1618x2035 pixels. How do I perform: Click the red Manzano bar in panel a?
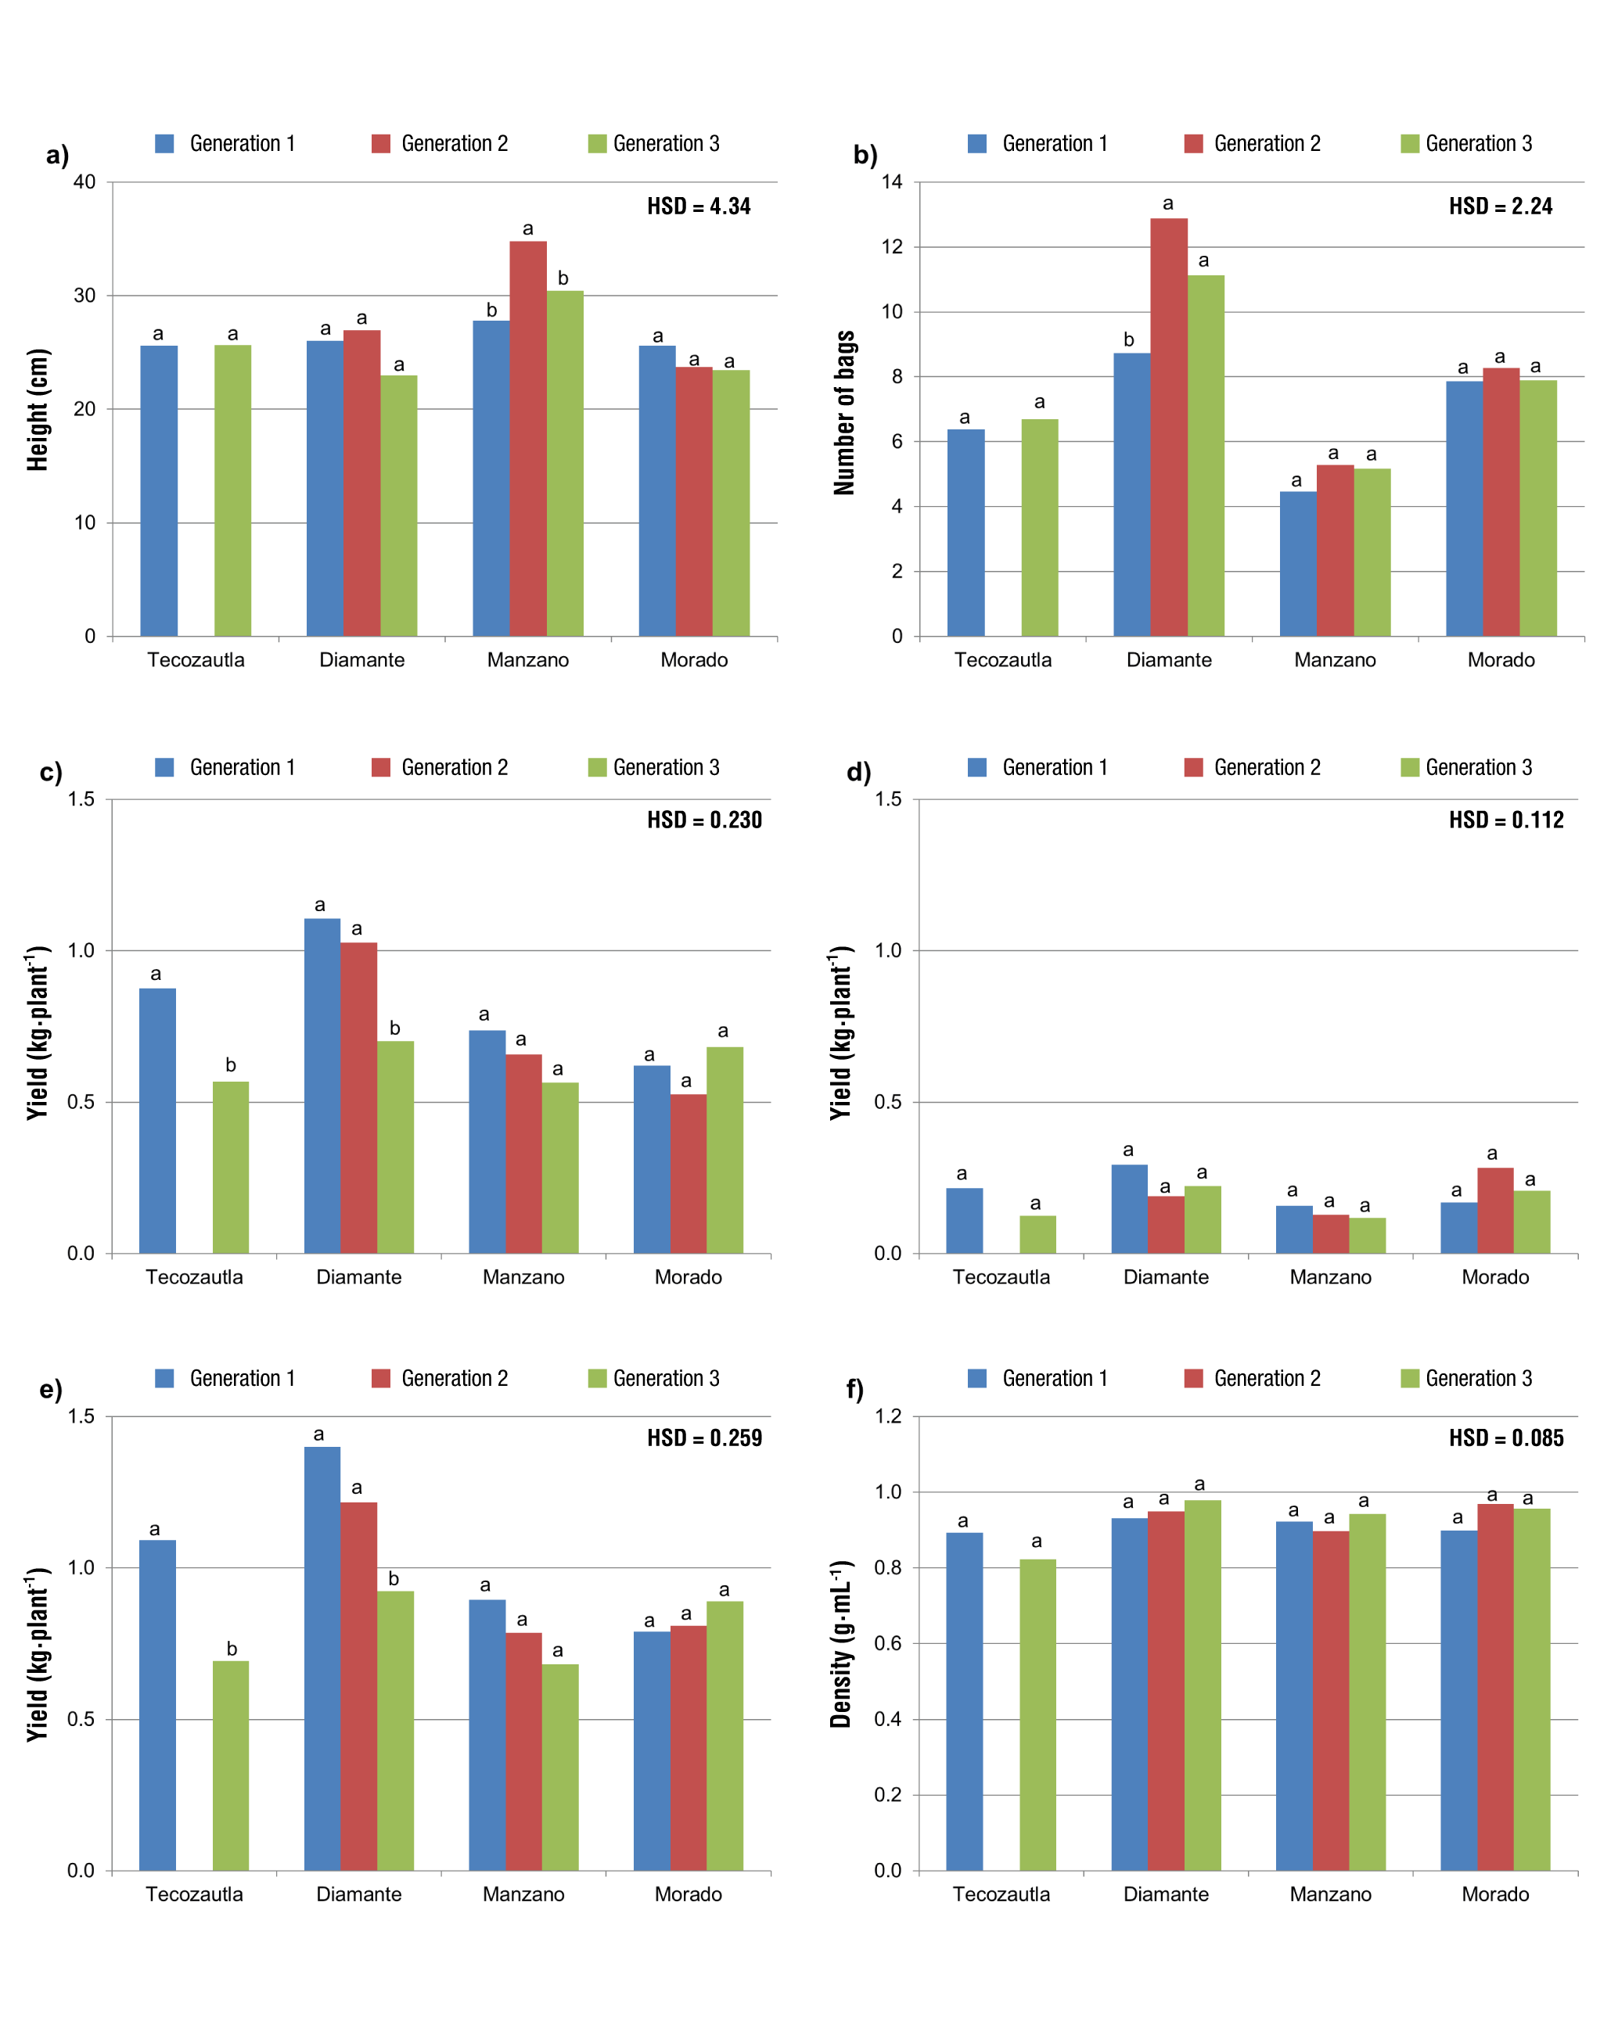(x=527, y=439)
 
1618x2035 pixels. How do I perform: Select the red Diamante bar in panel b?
(x=1169, y=428)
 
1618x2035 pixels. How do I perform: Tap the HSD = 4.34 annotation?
(x=699, y=206)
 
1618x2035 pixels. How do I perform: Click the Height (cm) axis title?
(x=38, y=410)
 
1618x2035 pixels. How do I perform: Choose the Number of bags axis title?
(x=844, y=412)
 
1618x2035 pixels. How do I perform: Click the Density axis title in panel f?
(x=840, y=1643)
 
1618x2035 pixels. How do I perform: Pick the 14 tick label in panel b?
(x=892, y=182)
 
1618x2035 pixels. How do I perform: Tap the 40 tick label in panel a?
(x=85, y=182)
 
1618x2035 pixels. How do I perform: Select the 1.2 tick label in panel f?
(x=888, y=1416)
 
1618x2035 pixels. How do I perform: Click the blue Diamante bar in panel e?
(x=322, y=1658)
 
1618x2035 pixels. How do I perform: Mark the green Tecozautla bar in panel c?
(x=230, y=1168)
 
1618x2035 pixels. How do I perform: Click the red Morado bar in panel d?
(x=1495, y=1211)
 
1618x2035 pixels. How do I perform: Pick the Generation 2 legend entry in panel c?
(x=440, y=767)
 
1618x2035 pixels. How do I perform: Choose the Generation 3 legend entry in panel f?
(x=1466, y=1378)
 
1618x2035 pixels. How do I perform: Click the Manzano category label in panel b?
(x=1335, y=660)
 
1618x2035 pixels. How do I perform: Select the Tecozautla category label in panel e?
(x=195, y=1893)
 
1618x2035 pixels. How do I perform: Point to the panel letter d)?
(x=858, y=773)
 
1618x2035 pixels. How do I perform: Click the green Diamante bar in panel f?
(x=1203, y=1685)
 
